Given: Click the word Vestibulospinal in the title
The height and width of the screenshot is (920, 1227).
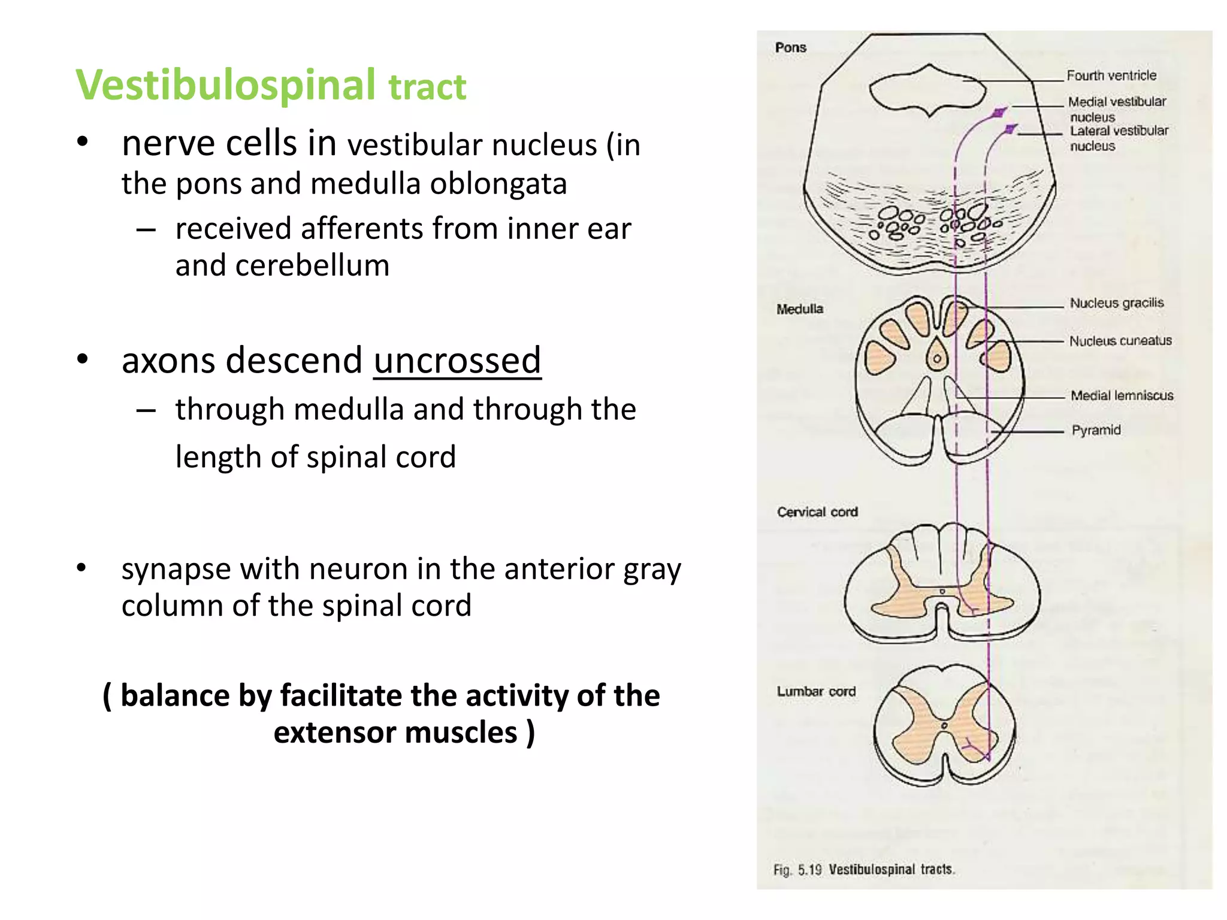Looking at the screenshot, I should [x=226, y=85].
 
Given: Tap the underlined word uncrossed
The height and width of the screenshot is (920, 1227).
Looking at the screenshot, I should [x=457, y=361].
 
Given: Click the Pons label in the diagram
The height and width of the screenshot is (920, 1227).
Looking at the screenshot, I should [x=790, y=48].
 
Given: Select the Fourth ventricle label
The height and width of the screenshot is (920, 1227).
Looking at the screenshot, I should [x=1111, y=75].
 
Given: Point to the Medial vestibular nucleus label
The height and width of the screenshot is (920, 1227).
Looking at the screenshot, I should [x=1117, y=108].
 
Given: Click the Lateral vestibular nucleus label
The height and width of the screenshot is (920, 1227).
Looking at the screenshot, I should [x=1119, y=138].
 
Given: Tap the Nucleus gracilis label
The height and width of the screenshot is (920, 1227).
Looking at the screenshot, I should [x=1117, y=303].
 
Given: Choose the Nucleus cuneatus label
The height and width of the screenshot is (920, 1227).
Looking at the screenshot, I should [x=1120, y=341].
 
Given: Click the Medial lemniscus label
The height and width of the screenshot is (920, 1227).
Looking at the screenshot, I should [x=1122, y=395].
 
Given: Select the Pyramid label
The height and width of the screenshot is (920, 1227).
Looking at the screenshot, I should [x=1096, y=430].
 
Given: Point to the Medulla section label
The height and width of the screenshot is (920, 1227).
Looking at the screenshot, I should [x=800, y=309].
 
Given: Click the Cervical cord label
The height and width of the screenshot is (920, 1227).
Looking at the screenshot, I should [x=817, y=512].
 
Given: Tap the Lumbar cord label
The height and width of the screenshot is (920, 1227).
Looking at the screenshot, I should [x=816, y=691].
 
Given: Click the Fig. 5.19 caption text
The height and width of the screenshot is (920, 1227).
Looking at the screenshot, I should [x=863, y=869].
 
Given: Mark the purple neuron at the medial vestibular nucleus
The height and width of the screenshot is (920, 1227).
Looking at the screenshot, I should [x=999, y=113].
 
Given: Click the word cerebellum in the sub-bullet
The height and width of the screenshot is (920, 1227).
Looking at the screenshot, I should [x=312, y=266].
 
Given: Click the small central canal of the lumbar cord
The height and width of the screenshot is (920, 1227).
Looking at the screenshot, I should [x=944, y=726].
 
